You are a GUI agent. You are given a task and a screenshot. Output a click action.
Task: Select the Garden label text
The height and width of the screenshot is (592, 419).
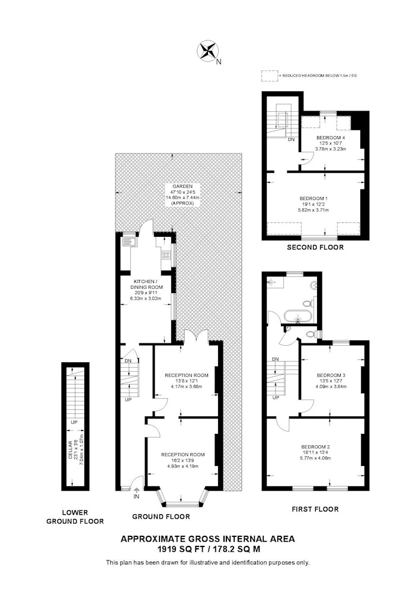tap(183, 194)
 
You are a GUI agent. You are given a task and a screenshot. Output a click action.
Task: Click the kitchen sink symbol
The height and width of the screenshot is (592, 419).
tap(127, 240)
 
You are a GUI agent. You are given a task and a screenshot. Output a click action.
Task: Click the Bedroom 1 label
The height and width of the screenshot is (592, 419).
tap(314, 204)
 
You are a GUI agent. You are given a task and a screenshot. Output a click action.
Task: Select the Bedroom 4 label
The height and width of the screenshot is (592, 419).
tap(331, 143)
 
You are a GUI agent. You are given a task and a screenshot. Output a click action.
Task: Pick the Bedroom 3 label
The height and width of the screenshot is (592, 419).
tap(331, 381)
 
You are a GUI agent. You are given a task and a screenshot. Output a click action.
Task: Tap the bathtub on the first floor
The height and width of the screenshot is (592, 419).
tap(299, 316)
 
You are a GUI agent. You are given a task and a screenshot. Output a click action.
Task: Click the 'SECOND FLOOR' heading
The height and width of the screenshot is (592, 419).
tap(315, 247)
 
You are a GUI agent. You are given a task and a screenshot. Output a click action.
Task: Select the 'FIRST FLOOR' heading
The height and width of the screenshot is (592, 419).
tap(315, 509)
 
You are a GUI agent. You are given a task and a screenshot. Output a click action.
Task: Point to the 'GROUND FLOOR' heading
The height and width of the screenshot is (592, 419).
tap(161, 516)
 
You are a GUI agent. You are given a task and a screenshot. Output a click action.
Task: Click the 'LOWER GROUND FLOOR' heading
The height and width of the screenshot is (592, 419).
tap(75, 517)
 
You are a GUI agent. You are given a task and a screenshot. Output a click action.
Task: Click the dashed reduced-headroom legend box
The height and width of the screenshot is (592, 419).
tap(270, 76)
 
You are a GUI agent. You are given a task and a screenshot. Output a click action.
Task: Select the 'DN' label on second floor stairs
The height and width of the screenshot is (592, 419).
tap(291, 140)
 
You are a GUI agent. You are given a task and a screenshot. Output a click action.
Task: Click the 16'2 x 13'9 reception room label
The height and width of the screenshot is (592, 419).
tap(183, 460)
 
